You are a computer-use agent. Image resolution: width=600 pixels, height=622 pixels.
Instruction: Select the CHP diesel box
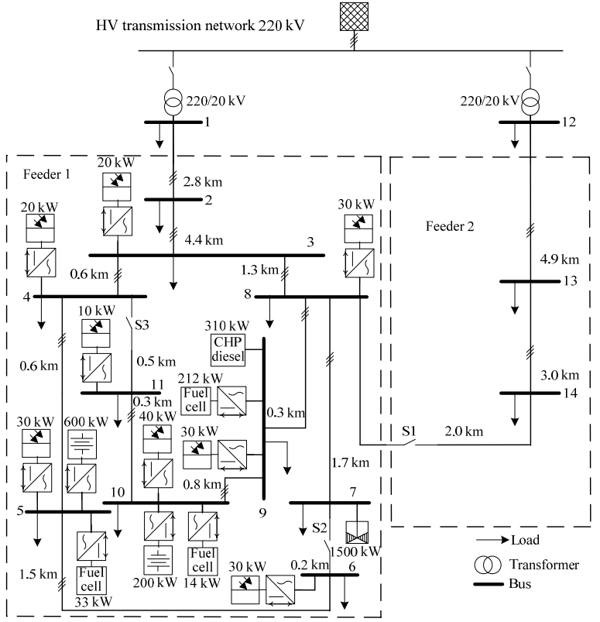[x=228, y=350]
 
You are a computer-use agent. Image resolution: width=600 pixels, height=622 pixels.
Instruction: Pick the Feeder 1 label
[x=46, y=176]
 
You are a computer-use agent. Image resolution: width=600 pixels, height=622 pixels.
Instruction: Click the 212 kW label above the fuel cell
[x=200, y=378]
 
